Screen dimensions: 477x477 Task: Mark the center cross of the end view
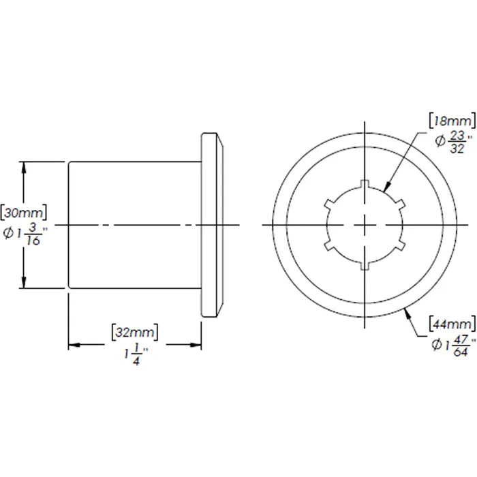point(366,225)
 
